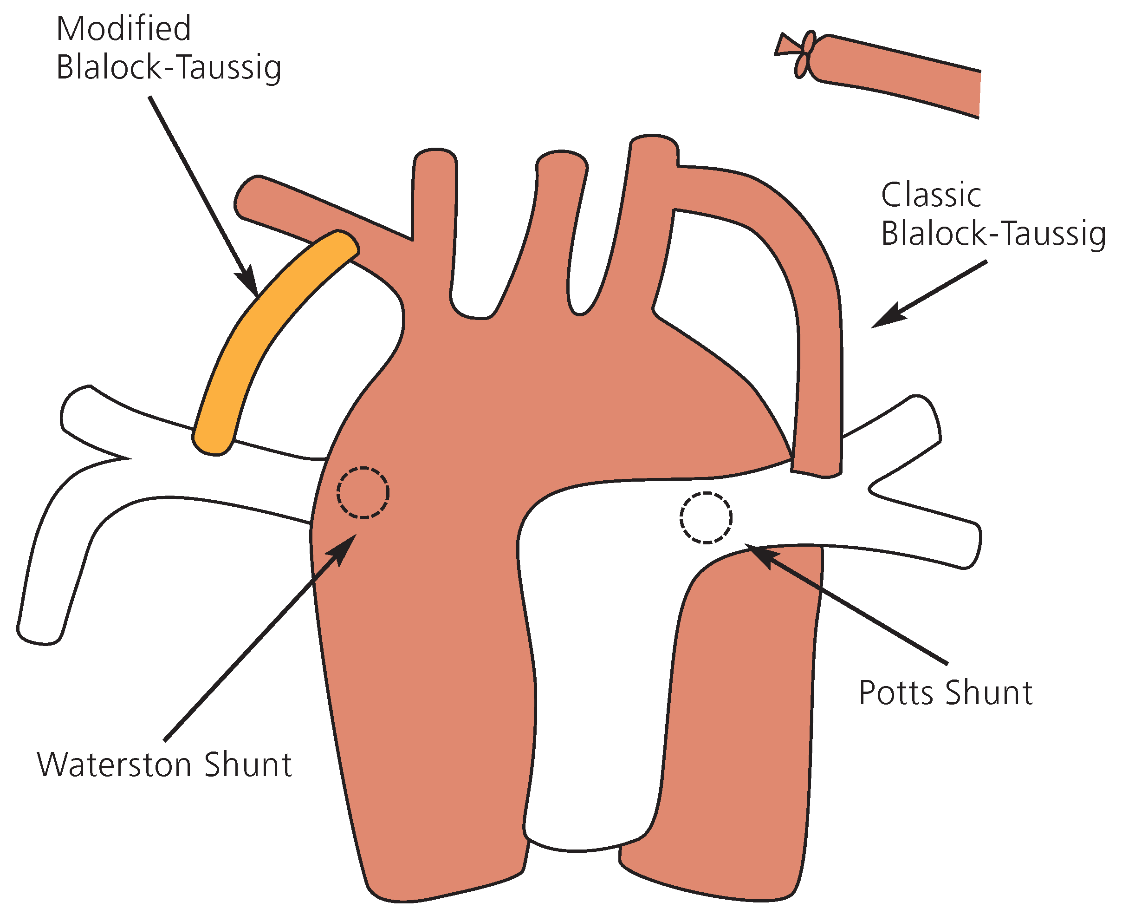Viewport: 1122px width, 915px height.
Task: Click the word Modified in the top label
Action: [123, 28]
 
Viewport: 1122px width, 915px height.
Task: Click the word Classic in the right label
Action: [931, 195]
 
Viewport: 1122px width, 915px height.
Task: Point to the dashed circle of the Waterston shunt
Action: [363, 493]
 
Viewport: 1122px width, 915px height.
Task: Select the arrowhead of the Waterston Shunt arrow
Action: [343, 548]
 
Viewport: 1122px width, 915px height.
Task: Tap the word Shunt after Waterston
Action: [248, 765]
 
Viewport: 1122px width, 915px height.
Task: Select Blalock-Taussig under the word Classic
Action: [993, 234]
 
